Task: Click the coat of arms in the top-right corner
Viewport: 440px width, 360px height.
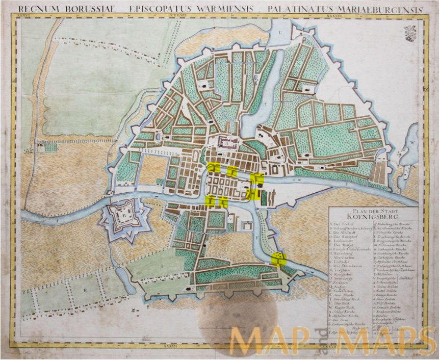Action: click(x=410, y=34)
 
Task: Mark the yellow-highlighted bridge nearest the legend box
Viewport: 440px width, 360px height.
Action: click(x=279, y=259)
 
